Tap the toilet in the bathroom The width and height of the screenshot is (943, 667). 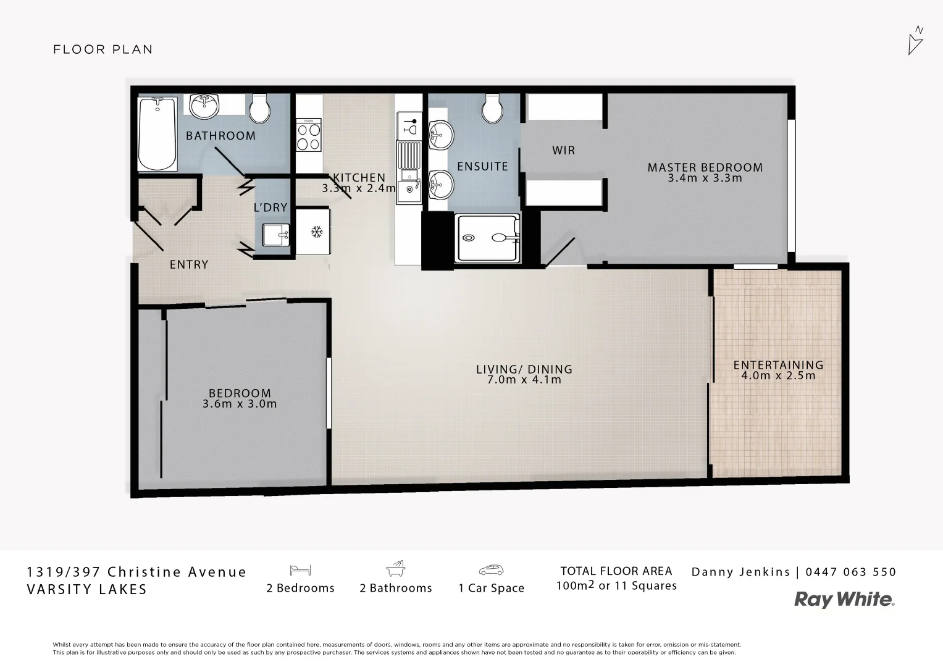tap(259, 109)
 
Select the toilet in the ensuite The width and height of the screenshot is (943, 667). tap(493, 109)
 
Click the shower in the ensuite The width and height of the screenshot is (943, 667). tap(487, 238)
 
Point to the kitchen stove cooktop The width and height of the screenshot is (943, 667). tap(309, 137)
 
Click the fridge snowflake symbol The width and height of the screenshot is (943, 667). tap(317, 232)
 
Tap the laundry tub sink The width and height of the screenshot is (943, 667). tap(275, 235)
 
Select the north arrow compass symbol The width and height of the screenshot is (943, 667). tap(915, 41)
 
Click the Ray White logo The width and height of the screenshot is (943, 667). tap(844, 600)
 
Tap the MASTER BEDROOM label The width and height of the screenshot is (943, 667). tap(705, 167)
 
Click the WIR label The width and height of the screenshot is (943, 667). tap(563, 150)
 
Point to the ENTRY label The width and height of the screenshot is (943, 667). tap(189, 264)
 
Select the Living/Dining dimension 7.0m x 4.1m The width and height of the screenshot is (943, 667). tap(524, 380)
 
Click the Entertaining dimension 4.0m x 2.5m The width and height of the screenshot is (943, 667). tap(778, 375)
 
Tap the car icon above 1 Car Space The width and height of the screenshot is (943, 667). tap(491, 570)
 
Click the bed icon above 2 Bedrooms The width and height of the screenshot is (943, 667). tap(300, 570)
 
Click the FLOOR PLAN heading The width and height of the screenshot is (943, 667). tap(103, 49)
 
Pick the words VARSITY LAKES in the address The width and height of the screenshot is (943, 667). tap(87, 589)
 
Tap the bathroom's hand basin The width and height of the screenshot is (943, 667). tap(203, 106)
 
